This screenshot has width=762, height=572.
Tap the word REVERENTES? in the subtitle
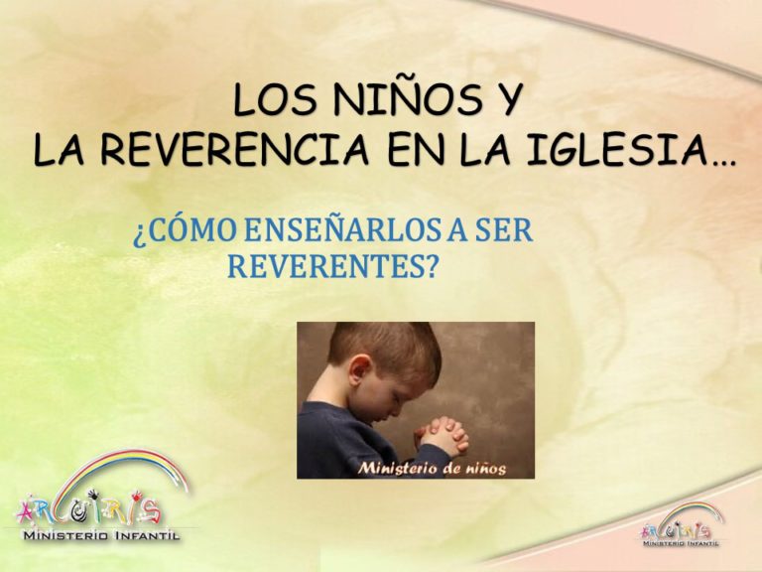click(x=330, y=266)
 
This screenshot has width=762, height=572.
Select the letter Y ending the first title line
click(x=507, y=99)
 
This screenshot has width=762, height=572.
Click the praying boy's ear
click(x=359, y=367)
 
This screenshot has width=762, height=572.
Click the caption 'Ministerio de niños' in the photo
click(x=432, y=469)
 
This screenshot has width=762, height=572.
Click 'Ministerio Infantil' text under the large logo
click(x=102, y=536)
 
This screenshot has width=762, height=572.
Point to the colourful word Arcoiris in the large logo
click(x=88, y=510)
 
